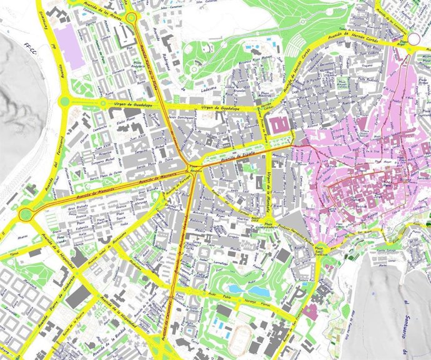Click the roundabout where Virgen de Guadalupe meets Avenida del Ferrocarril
[x=63, y=100]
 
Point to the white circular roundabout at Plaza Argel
[x=414, y=39]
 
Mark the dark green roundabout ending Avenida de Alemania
[x=26, y=215]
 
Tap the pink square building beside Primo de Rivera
[x=280, y=123]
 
